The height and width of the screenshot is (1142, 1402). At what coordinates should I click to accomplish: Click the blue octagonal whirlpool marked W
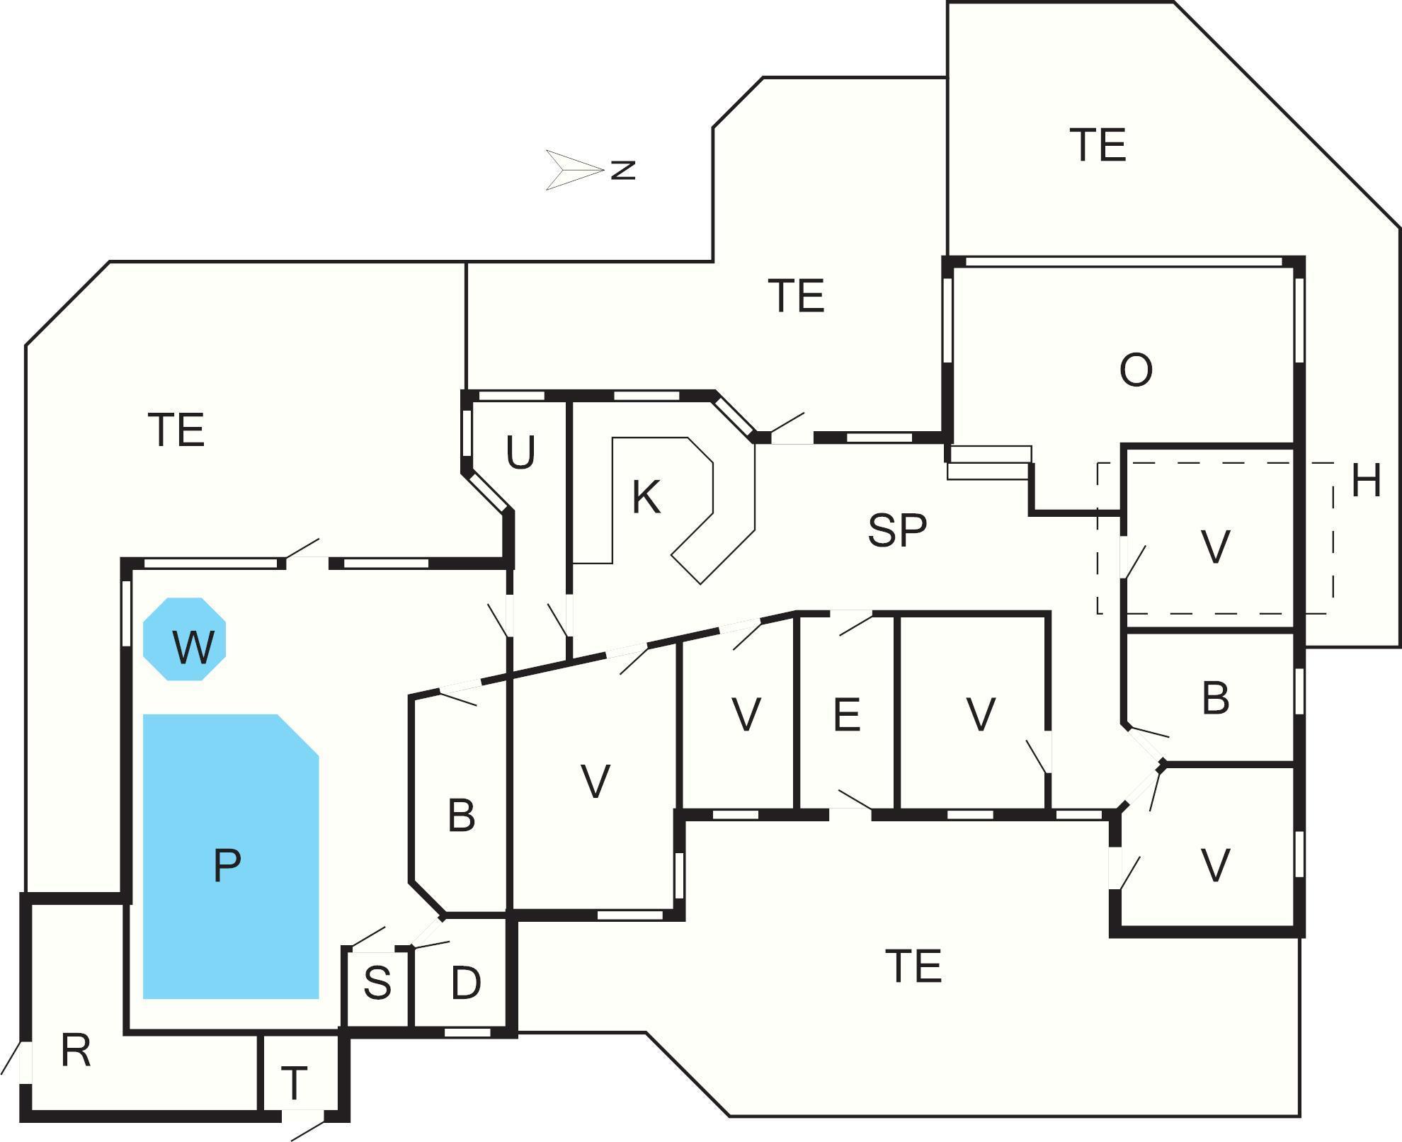pyautogui.click(x=185, y=639)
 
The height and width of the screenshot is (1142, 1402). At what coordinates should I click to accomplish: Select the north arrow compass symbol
pyautogui.click(x=574, y=170)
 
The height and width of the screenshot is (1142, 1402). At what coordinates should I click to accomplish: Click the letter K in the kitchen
pyautogui.click(x=646, y=497)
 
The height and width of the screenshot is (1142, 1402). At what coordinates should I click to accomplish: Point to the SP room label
pyautogui.click(x=897, y=530)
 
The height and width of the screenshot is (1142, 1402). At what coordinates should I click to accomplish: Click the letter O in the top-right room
pyautogui.click(x=1136, y=370)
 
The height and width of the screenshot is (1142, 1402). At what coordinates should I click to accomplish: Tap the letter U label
pyautogui.click(x=520, y=452)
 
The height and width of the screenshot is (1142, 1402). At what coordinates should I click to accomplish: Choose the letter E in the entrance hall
pyautogui.click(x=847, y=714)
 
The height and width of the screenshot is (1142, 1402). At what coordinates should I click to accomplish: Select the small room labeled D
pyautogui.click(x=465, y=983)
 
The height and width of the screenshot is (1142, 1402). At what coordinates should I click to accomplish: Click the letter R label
pyautogui.click(x=76, y=1051)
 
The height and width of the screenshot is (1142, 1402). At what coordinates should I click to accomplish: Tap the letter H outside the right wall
pyautogui.click(x=1366, y=481)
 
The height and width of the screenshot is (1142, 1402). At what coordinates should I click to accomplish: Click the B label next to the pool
pyautogui.click(x=461, y=816)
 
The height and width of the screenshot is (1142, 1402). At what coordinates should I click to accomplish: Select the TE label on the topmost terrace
pyautogui.click(x=1098, y=145)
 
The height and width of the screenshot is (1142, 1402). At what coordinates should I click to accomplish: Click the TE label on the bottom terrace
pyautogui.click(x=913, y=967)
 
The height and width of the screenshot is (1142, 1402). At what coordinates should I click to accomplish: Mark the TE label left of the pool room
pyautogui.click(x=176, y=430)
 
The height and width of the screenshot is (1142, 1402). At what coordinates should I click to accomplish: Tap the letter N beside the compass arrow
pyautogui.click(x=623, y=170)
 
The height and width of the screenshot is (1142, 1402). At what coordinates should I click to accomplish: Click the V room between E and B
pyautogui.click(x=981, y=714)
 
